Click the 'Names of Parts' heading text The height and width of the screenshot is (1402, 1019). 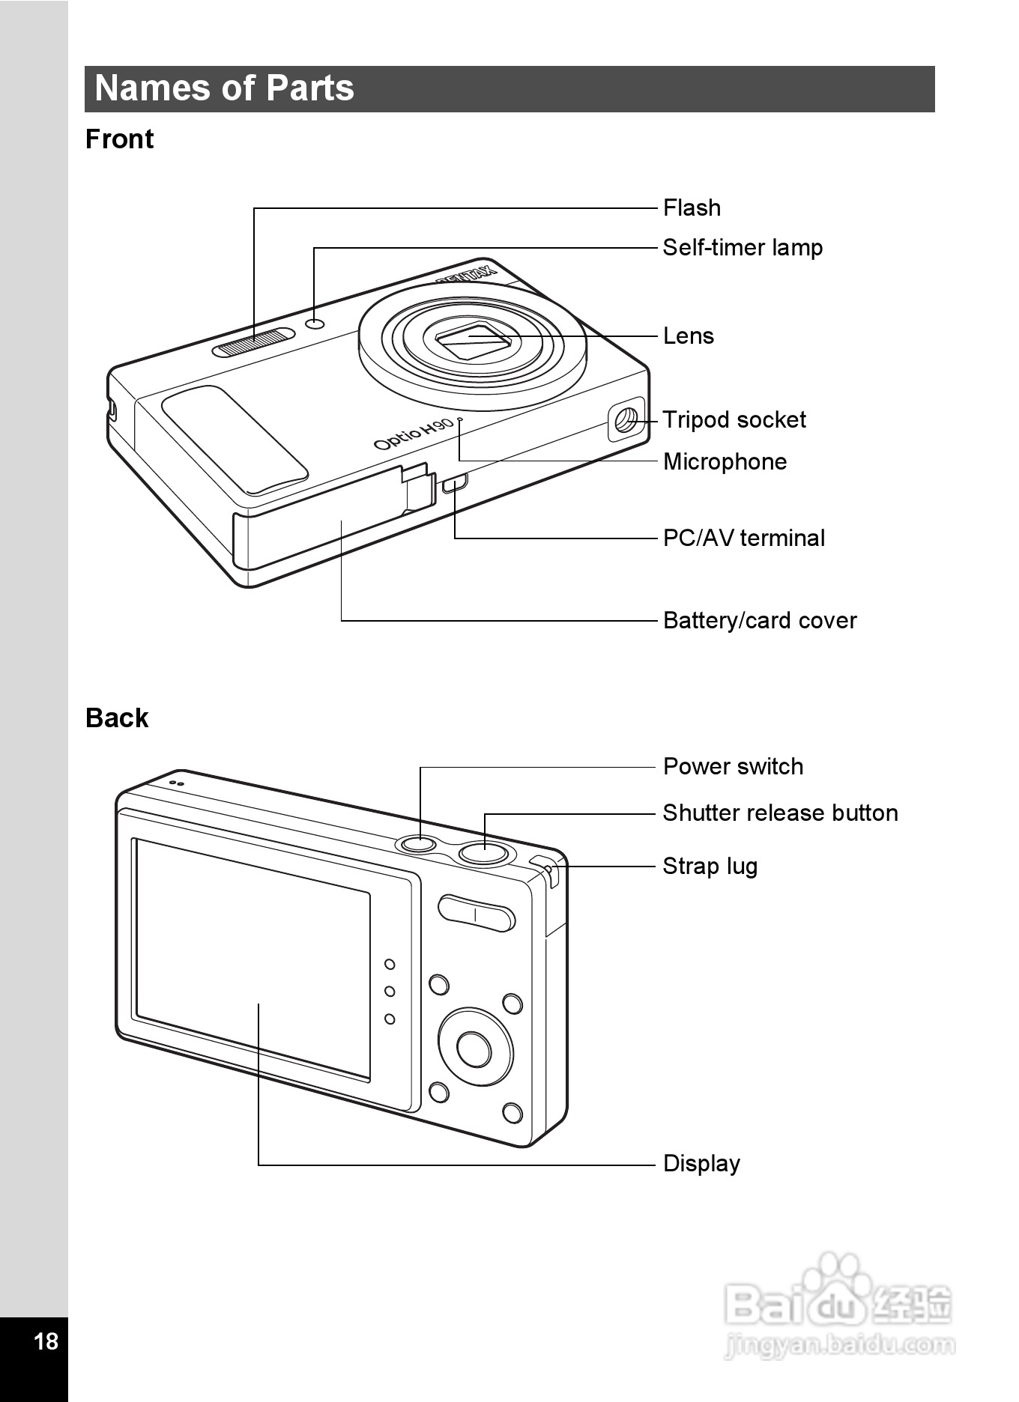pyautogui.click(x=224, y=88)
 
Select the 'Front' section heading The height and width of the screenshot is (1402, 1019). pyautogui.click(x=119, y=139)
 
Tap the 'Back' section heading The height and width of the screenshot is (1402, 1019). pyautogui.click(x=117, y=718)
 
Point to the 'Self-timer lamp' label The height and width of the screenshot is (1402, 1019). pyautogui.click(x=743, y=248)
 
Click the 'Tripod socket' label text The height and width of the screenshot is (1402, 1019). pyautogui.click(x=734, y=420)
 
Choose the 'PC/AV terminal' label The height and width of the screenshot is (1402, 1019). pyautogui.click(x=744, y=538)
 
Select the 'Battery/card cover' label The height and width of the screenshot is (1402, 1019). pyautogui.click(x=760, y=620)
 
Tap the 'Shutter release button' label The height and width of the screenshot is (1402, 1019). pyautogui.click(x=780, y=813)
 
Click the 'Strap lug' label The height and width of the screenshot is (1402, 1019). pyautogui.click(x=710, y=867)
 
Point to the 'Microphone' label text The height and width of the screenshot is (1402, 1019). pyautogui.click(x=725, y=462)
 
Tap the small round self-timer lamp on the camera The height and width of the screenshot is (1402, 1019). pyautogui.click(x=315, y=324)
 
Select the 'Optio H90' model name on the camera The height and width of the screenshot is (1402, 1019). pyautogui.click(x=414, y=434)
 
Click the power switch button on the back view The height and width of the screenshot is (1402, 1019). pyautogui.click(x=419, y=844)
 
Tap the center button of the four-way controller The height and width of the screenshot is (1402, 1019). pyautogui.click(x=474, y=1049)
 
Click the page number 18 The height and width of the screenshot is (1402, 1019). pyautogui.click(x=46, y=1341)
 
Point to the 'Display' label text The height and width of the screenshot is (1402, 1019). pyautogui.click(x=701, y=1164)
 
